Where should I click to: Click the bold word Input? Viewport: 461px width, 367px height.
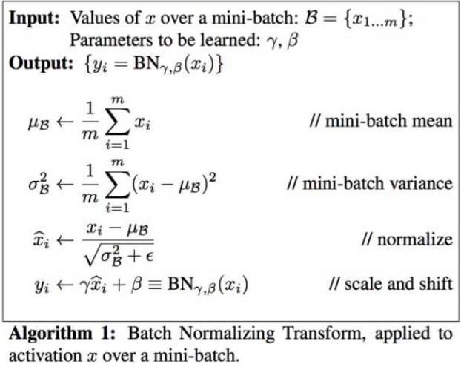click(x=34, y=19)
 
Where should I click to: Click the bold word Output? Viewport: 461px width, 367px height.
click(x=41, y=62)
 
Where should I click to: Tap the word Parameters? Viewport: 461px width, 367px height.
click(x=111, y=40)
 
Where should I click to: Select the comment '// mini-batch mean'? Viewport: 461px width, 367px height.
click(x=381, y=121)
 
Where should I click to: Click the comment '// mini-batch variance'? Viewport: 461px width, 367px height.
click(x=370, y=183)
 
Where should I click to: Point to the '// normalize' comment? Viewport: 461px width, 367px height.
click(x=407, y=239)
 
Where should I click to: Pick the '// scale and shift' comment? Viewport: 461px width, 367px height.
click(x=391, y=283)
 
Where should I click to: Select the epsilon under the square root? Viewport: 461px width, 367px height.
click(x=150, y=257)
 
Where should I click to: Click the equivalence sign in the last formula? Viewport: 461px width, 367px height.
click(x=155, y=285)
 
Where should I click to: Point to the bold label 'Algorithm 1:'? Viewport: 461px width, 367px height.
click(x=62, y=334)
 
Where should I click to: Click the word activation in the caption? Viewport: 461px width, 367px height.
click(x=45, y=356)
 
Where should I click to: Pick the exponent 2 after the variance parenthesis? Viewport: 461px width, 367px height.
click(x=213, y=177)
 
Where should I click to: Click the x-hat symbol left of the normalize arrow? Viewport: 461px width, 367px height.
click(x=41, y=240)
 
